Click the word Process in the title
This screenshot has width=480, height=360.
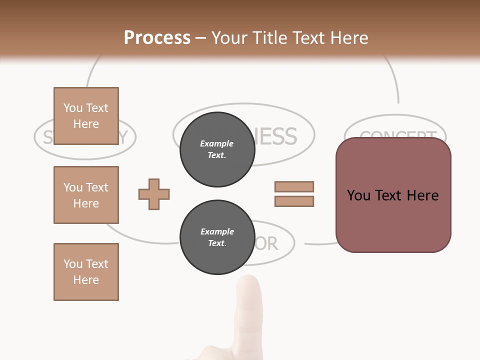point(157,38)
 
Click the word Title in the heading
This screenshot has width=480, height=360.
point(270,38)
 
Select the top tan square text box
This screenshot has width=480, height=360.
point(86,116)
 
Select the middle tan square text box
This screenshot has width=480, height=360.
point(86,195)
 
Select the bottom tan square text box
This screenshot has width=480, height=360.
point(86,272)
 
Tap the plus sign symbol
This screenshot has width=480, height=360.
point(154,194)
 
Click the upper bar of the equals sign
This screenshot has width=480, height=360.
point(294,186)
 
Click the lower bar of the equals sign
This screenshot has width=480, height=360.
point(294,201)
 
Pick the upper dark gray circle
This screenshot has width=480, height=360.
point(217,149)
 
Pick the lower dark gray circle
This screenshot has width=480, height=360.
point(217,237)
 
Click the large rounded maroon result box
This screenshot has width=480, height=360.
point(393,195)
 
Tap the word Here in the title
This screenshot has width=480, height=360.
point(348,38)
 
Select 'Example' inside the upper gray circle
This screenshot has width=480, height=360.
point(217,143)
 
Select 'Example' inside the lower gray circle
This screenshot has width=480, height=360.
point(217,231)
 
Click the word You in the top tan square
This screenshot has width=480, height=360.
point(73,108)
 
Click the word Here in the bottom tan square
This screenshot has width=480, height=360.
point(86,280)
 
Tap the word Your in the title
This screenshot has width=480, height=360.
point(230,38)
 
